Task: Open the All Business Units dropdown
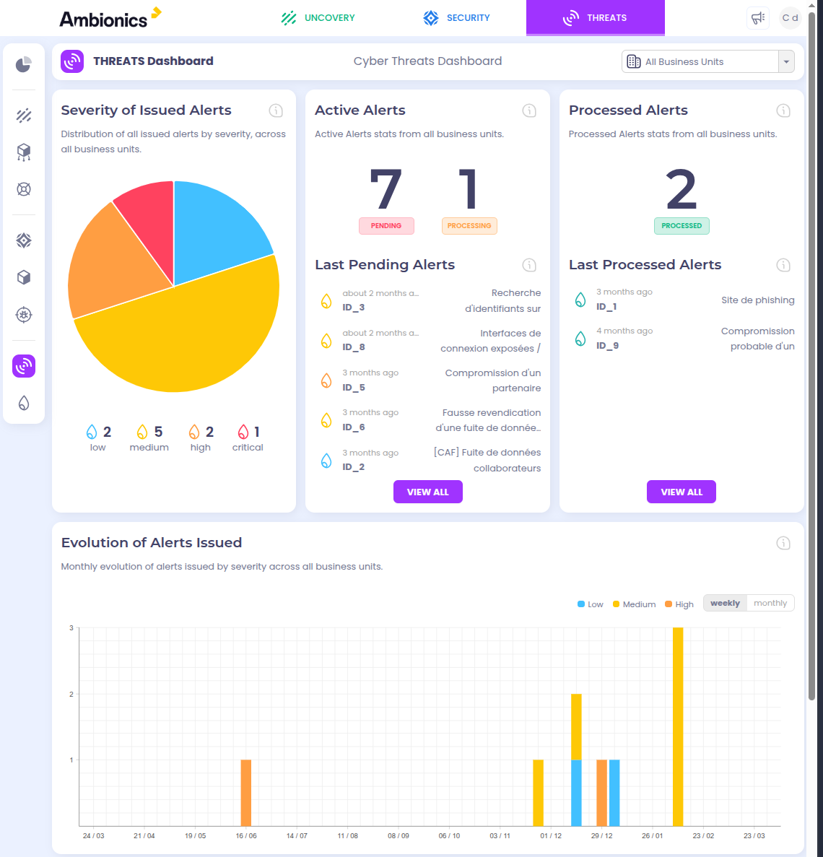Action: (707, 62)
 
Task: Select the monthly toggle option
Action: (770, 604)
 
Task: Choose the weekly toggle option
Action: (725, 604)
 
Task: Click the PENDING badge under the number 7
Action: (386, 226)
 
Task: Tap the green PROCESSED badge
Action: (682, 226)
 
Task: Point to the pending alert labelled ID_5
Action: (354, 388)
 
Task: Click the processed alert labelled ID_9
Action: (607, 346)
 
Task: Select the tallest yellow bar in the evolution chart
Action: (678, 726)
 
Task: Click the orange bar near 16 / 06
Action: (246, 792)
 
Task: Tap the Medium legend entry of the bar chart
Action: (634, 604)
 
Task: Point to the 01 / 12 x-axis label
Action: (551, 836)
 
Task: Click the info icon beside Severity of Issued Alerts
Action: (276, 110)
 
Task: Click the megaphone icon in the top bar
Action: (758, 18)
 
